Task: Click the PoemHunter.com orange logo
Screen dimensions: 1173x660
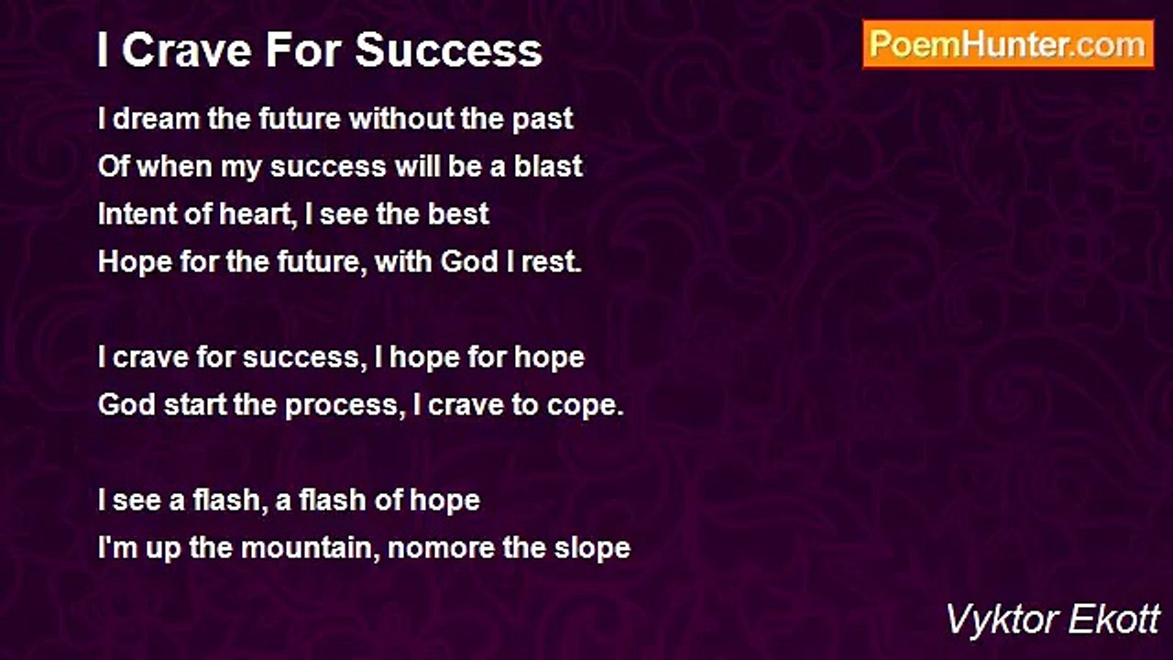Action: (1008, 45)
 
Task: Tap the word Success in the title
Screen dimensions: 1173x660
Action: (449, 50)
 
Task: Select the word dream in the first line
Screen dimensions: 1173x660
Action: (156, 118)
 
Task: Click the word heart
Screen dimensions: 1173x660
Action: (254, 214)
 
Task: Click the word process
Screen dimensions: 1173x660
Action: (342, 406)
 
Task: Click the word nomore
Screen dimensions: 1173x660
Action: (441, 549)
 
